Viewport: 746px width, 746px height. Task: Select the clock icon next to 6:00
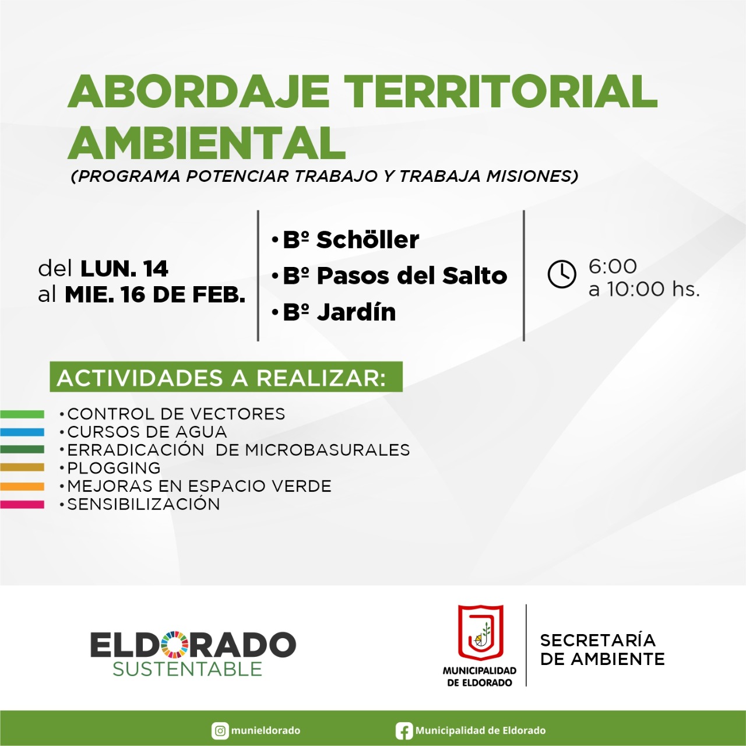pos(562,274)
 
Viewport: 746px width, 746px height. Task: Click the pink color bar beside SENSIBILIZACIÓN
pos(22,505)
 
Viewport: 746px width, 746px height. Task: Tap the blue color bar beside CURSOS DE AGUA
pos(22,432)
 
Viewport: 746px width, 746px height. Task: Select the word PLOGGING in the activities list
pos(114,468)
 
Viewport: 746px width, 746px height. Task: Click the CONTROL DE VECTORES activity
pos(176,414)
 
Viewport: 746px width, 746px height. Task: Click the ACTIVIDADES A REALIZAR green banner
pos(226,376)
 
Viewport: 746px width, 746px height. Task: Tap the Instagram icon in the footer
pos(220,730)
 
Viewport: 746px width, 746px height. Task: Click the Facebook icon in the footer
pos(403,731)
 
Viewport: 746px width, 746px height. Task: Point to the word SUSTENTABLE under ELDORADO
pos(187,669)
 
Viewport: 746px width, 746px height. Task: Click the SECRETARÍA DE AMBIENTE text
pos(603,650)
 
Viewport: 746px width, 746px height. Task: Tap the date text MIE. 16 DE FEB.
pos(155,295)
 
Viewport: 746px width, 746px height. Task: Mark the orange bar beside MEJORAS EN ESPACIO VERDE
pos(22,486)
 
